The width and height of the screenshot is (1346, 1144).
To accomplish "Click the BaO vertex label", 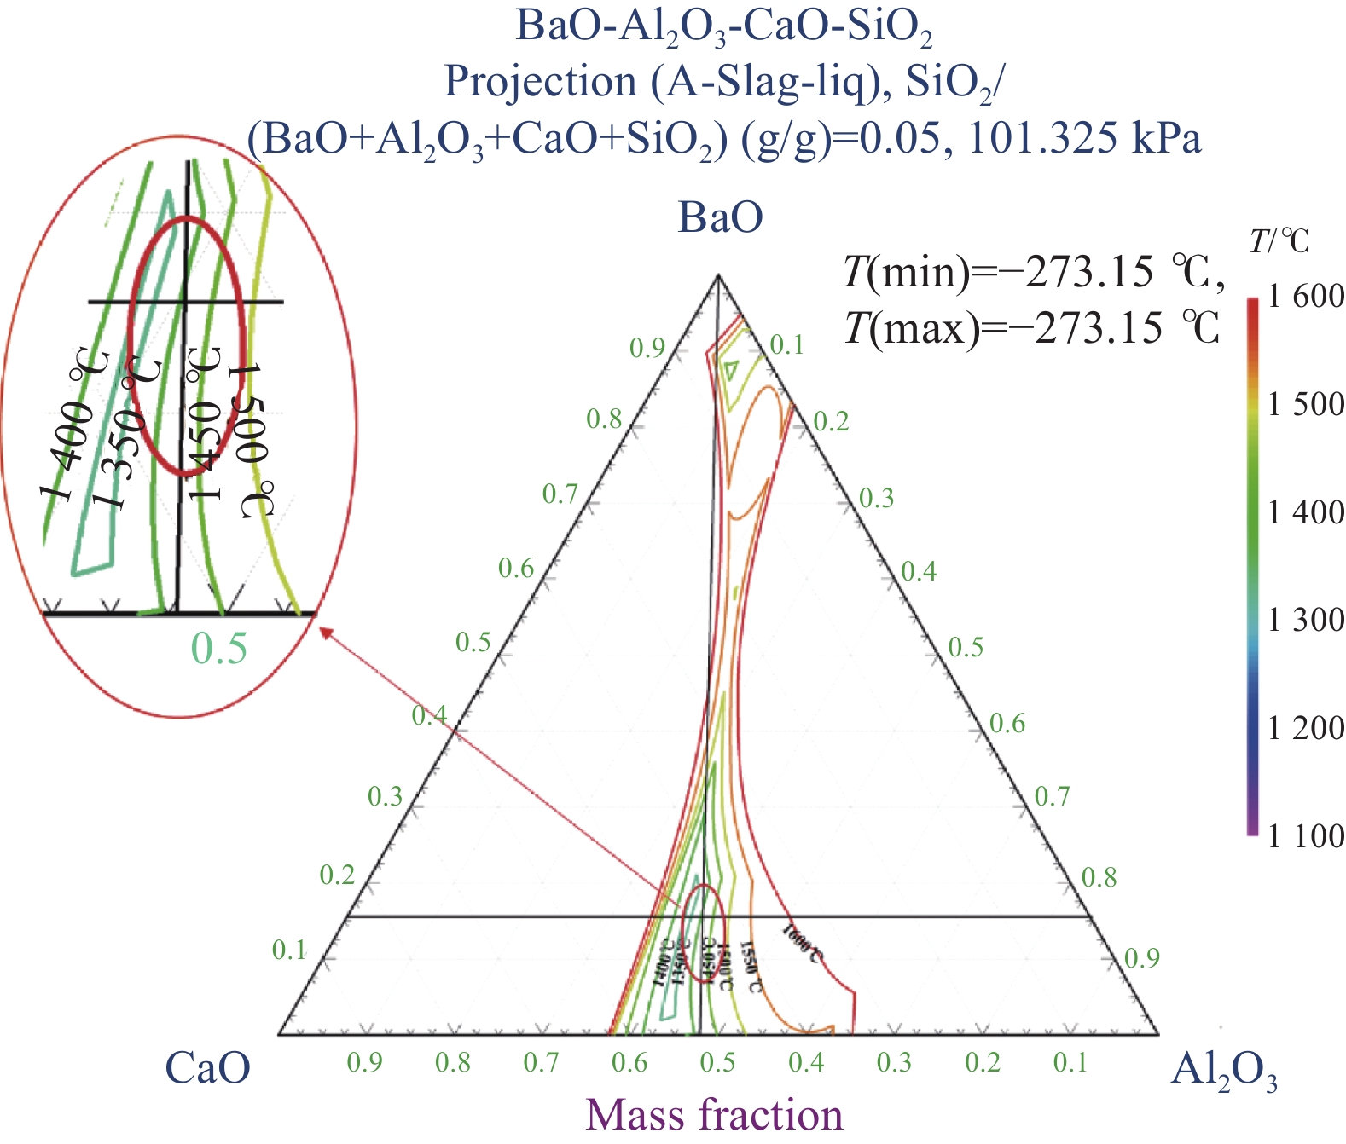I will [720, 217].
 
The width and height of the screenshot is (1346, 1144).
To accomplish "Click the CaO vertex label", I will [208, 1068].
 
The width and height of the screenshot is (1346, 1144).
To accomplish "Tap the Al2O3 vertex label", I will [1225, 1071].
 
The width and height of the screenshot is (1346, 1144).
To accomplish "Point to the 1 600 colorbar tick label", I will [1305, 297].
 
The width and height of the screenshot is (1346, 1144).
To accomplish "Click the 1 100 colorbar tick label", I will [1305, 836].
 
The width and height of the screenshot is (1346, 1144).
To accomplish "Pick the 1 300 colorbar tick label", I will [1305, 620].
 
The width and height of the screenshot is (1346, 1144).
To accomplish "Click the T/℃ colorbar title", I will [1279, 242].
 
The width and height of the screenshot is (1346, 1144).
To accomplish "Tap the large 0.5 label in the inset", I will [219, 650].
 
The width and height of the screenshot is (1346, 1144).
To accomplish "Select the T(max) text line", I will [1032, 327].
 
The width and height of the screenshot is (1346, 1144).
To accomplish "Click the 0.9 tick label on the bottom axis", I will [364, 1062].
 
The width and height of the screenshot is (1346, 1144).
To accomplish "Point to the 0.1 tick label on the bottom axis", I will [1070, 1062].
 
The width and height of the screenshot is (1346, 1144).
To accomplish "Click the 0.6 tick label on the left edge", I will [516, 569].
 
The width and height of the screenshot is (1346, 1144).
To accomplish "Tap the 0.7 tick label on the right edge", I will [1052, 797].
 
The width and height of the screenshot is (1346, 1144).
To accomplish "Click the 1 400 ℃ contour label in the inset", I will [75, 426].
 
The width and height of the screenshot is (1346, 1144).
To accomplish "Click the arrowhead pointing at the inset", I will [325, 632].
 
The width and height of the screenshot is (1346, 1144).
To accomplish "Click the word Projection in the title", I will [541, 82].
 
